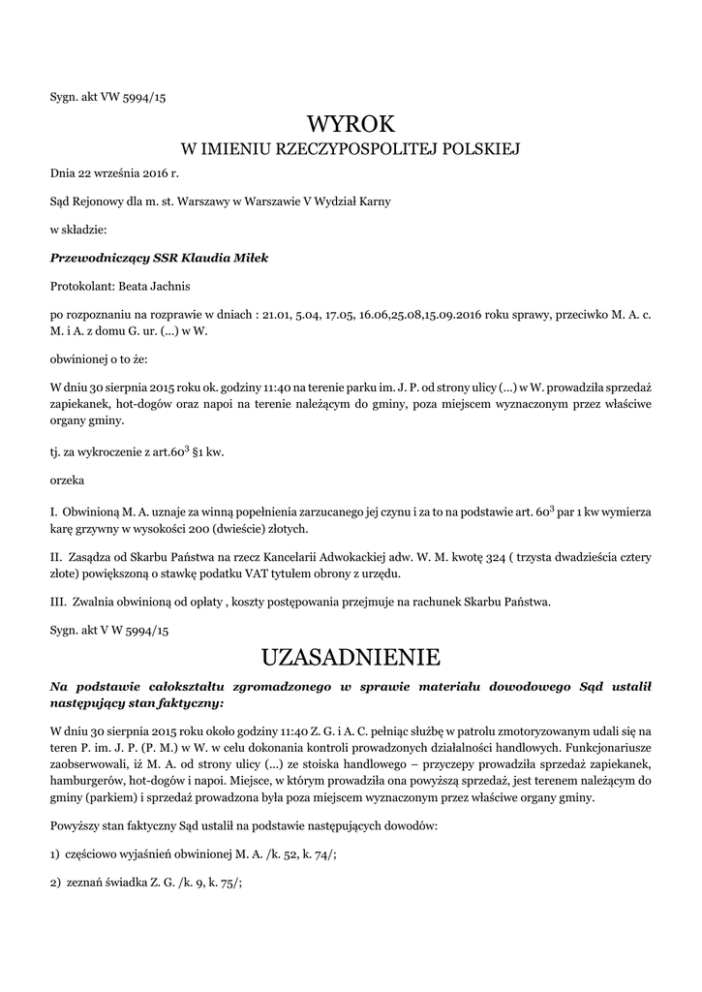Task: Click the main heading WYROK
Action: pyautogui.click(x=351, y=124)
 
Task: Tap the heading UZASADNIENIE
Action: pyautogui.click(x=351, y=658)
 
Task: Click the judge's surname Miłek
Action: pyautogui.click(x=249, y=258)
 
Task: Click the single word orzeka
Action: pyautogui.click(x=67, y=480)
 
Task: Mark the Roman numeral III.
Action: pyautogui.click(x=58, y=602)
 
